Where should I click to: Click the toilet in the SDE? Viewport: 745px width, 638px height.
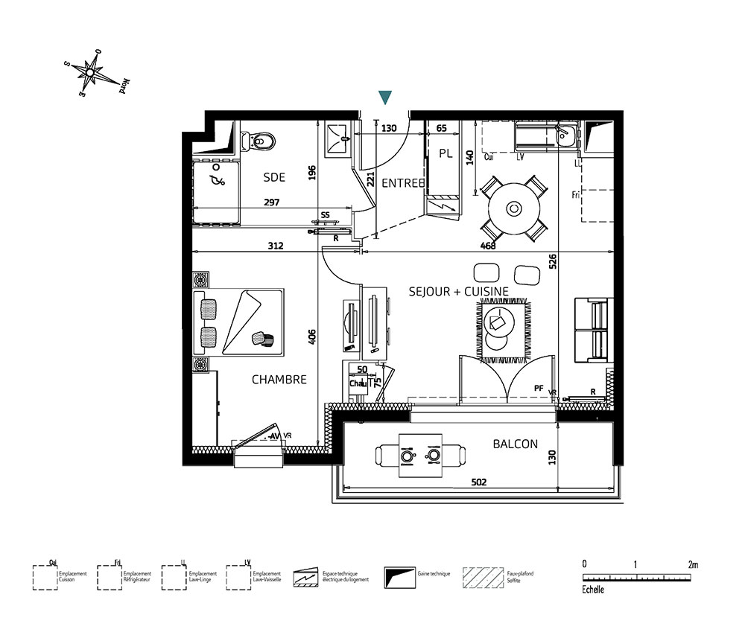click(x=261, y=139)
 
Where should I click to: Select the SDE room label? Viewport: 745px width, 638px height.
click(x=274, y=177)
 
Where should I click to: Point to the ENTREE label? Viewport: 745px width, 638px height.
click(x=403, y=183)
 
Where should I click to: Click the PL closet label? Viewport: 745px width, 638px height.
click(x=446, y=154)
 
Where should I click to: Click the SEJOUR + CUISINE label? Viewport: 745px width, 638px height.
click(x=458, y=292)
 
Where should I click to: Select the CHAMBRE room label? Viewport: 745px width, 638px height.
click(x=279, y=380)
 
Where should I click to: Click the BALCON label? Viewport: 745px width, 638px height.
click(x=515, y=444)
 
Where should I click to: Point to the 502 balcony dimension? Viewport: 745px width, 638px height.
click(x=478, y=482)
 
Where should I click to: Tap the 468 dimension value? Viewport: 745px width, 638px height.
click(x=488, y=245)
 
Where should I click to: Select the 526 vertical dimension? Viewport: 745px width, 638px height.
click(x=553, y=262)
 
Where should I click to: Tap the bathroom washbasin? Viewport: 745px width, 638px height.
click(x=341, y=135)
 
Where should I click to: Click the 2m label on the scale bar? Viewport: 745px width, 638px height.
click(x=693, y=564)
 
